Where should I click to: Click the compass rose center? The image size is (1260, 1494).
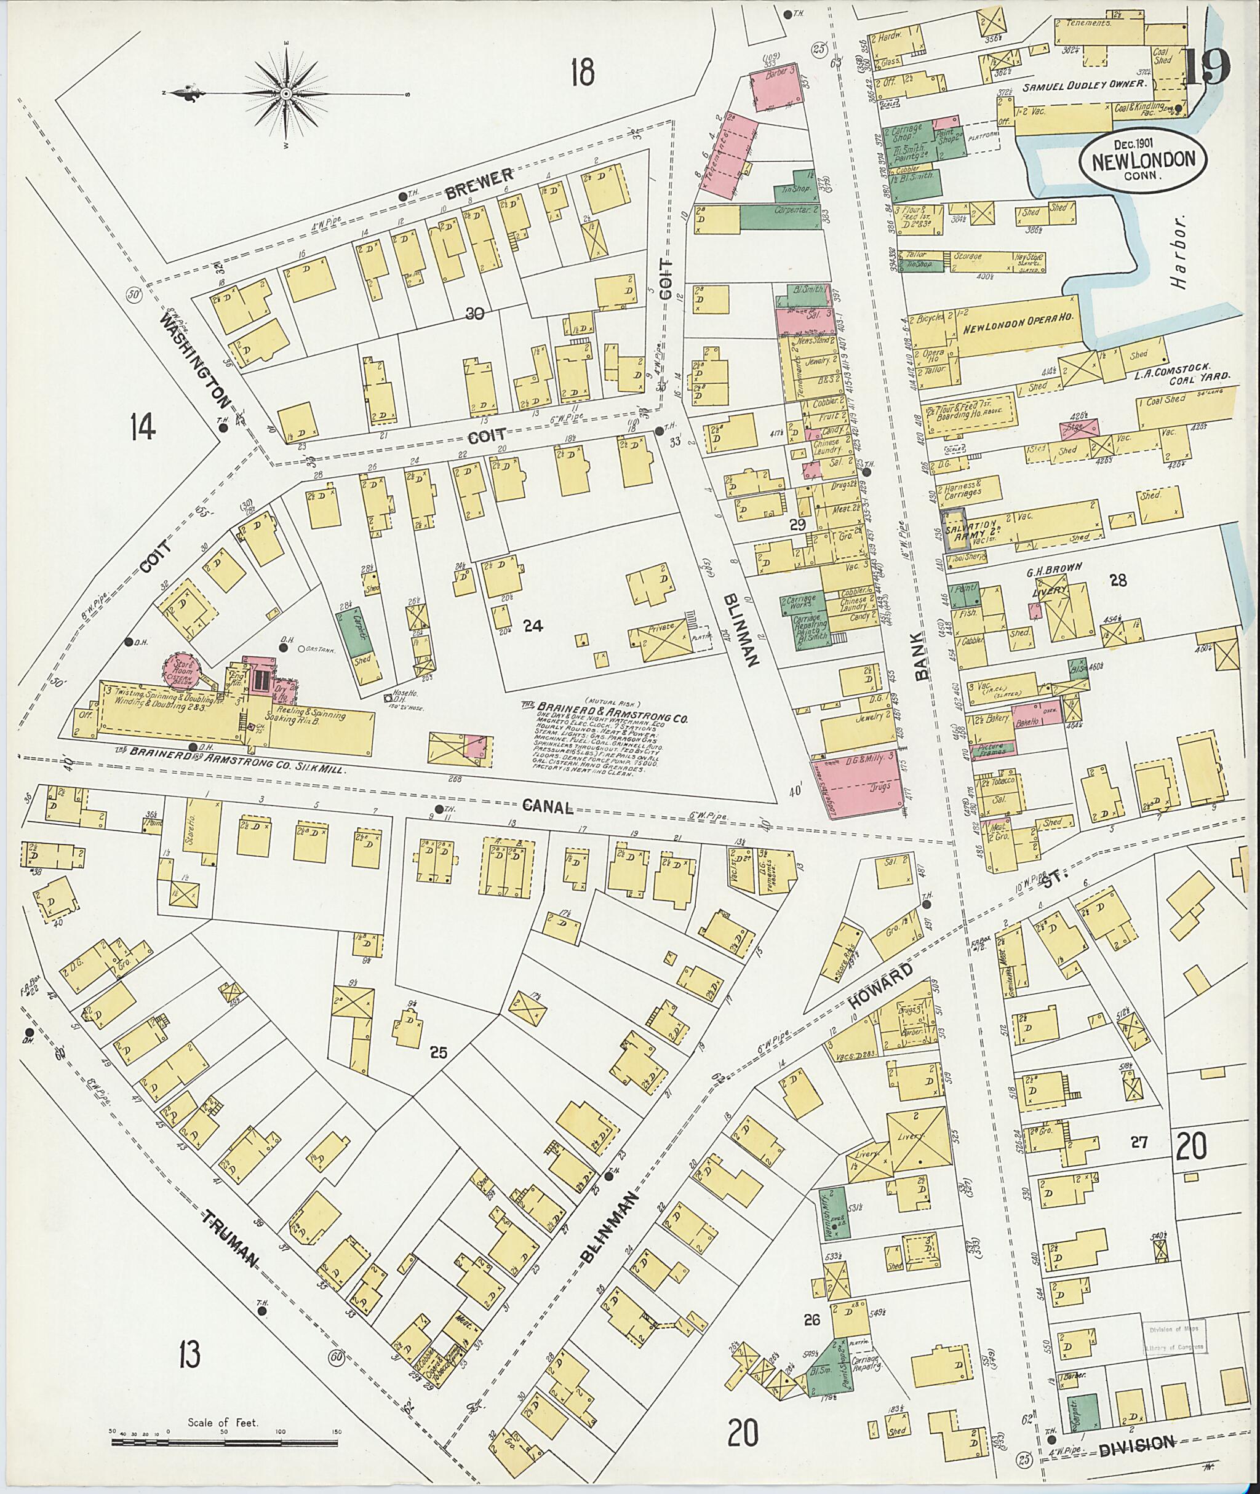click(x=285, y=93)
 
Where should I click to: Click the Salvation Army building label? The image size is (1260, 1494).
click(x=971, y=531)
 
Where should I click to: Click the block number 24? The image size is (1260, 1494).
click(x=533, y=626)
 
